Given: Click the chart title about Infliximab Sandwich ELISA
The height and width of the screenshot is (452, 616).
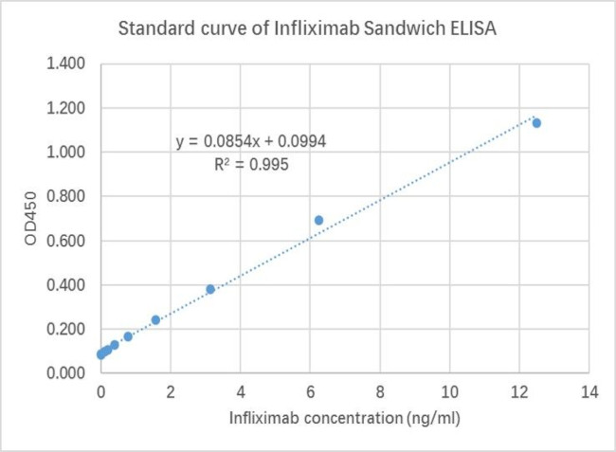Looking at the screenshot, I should click(309, 28).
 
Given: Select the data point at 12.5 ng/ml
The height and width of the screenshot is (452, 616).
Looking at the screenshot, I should click(536, 123).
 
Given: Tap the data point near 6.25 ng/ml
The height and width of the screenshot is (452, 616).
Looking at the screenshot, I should click(318, 220).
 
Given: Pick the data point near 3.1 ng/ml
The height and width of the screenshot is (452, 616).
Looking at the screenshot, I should click(210, 289).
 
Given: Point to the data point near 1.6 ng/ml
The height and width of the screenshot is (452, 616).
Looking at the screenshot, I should click(155, 320).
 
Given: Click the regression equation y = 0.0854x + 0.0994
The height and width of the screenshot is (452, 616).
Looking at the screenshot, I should click(252, 142).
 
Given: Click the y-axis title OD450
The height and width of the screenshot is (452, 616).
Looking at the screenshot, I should click(31, 218).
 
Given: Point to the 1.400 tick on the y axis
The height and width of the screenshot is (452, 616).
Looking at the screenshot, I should click(66, 63).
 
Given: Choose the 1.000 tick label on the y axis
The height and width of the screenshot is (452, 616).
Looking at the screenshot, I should click(66, 152).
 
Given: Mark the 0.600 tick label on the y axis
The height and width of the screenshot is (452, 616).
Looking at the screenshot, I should click(66, 241).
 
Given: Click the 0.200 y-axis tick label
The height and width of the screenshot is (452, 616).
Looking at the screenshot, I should click(66, 329).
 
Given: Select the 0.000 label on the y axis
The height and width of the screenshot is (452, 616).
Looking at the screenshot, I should click(66, 373).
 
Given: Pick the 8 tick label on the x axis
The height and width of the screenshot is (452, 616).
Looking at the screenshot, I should click(380, 391).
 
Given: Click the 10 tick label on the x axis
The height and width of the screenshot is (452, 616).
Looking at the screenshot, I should click(449, 391).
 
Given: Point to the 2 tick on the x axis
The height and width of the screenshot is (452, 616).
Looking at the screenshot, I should click(171, 391).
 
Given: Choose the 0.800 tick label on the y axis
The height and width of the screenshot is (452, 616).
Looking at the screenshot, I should click(66, 196).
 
